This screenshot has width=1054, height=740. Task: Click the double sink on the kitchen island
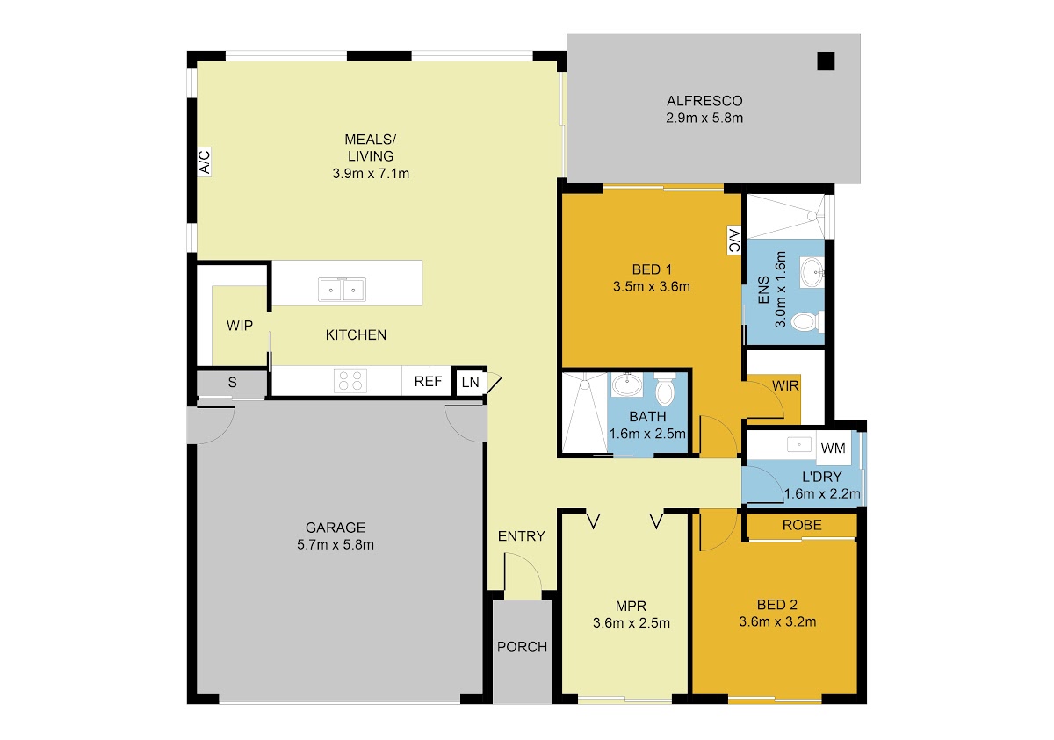click(342, 290)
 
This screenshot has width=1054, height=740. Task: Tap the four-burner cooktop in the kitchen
click(350, 381)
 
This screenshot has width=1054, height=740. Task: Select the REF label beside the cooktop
click(428, 381)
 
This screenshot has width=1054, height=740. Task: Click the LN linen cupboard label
click(471, 382)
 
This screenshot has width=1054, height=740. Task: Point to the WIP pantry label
click(240, 326)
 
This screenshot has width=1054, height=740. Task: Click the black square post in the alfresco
click(826, 61)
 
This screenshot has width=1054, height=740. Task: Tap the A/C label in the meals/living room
click(204, 162)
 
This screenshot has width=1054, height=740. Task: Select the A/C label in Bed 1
click(733, 240)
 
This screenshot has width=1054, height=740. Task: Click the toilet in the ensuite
click(807, 321)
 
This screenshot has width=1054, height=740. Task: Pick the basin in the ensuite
click(812, 272)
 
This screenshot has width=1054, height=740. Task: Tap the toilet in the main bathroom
click(664, 389)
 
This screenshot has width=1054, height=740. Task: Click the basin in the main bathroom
click(627, 384)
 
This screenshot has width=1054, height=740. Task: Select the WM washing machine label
click(833, 448)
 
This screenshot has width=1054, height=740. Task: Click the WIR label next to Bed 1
click(785, 386)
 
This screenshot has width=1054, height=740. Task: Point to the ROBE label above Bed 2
click(802, 525)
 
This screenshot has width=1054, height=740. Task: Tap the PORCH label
click(522, 647)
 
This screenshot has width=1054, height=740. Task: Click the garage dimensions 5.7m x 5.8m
click(336, 544)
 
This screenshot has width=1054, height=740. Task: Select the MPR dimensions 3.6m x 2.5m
click(632, 623)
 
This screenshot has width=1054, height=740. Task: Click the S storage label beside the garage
click(232, 382)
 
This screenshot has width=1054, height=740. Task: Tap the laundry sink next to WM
click(799, 444)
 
